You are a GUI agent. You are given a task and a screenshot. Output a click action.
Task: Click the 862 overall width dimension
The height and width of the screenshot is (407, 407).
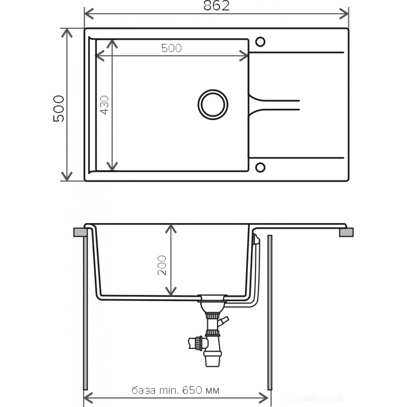coord(217,6)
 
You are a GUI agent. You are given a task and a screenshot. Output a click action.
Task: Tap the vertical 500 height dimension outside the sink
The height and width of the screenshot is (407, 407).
coord(58,109)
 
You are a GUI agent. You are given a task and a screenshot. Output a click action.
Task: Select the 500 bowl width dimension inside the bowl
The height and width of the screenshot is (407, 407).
coord(172,48)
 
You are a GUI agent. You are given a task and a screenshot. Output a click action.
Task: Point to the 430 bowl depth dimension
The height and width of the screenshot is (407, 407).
coord(105,105)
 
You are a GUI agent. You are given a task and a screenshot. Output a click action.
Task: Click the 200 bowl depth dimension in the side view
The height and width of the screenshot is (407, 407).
coord(162,265)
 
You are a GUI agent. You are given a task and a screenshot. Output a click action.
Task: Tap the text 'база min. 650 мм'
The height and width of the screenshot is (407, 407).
coord(175,390)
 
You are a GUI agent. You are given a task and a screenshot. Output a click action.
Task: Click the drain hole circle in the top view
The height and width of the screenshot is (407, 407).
coord(213,105)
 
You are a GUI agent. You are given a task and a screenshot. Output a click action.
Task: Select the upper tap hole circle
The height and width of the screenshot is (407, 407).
coord(260,42)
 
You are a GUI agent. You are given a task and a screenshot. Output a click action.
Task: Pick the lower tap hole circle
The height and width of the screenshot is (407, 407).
coord(260,167)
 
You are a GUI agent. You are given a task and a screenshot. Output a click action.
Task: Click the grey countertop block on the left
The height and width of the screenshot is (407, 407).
coord(79,232)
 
